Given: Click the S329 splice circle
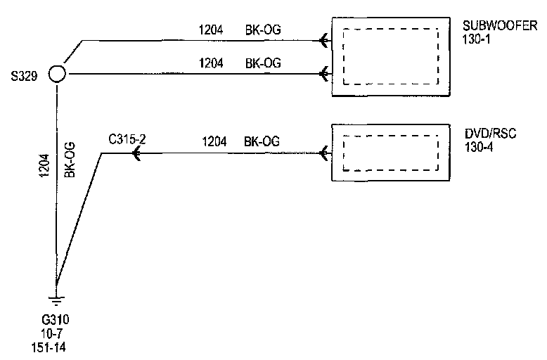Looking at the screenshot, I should (x=56, y=74).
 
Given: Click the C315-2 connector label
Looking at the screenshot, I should (x=127, y=139).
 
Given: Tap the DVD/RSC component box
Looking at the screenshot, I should (x=390, y=153).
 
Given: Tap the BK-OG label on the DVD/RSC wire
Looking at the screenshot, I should (x=262, y=142).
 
